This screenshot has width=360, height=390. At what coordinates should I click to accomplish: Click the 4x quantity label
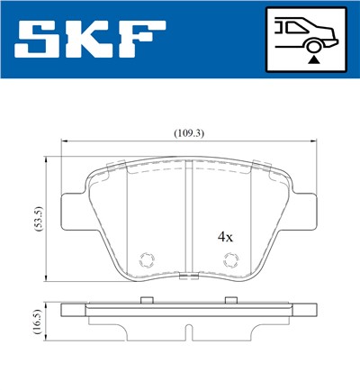point(225,238)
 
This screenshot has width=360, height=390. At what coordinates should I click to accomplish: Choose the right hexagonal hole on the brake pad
point(229,260)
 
